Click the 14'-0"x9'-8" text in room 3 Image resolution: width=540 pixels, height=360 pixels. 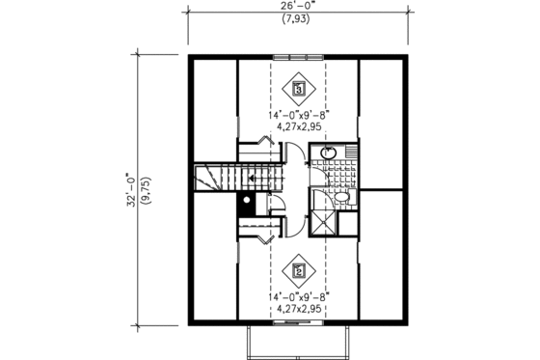(x=299, y=114)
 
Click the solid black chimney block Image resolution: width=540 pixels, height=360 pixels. (x=246, y=202)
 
